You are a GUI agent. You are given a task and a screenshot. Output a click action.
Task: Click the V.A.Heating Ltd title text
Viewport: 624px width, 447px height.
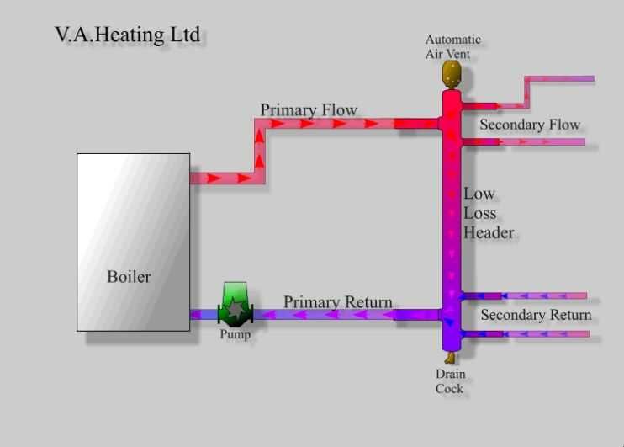coord(127,36)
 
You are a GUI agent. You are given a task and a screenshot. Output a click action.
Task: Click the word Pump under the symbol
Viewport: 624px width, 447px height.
coord(235,334)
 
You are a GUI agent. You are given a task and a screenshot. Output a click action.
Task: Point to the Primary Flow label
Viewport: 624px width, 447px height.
coord(309,110)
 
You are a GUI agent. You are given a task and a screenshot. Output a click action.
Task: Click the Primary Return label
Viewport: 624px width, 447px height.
coord(337,302)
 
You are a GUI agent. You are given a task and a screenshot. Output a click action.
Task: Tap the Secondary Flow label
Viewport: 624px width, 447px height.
coord(530,125)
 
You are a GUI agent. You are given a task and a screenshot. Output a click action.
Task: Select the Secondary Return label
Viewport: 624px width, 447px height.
coord(536,316)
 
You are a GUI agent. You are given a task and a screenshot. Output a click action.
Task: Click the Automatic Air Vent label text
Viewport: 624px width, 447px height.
coord(453,47)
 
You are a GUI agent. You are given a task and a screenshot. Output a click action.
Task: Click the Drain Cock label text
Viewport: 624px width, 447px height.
coord(451,381)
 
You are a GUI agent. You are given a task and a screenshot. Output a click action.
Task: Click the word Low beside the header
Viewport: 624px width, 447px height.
coord(479,194)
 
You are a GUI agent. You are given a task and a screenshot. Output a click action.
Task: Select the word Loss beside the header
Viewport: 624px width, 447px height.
coord(480,213)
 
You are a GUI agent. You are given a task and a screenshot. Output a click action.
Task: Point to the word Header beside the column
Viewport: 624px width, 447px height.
coord(489,232)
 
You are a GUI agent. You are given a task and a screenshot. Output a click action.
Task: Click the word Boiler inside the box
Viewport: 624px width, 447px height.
coord(129,276)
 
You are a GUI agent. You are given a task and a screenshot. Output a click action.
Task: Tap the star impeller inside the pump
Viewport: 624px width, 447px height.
coord(235,311)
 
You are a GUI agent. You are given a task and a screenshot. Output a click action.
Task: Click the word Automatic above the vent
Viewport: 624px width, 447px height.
coord(453,40)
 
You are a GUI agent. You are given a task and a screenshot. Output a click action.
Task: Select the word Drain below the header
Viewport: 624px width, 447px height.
coord(451,374)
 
